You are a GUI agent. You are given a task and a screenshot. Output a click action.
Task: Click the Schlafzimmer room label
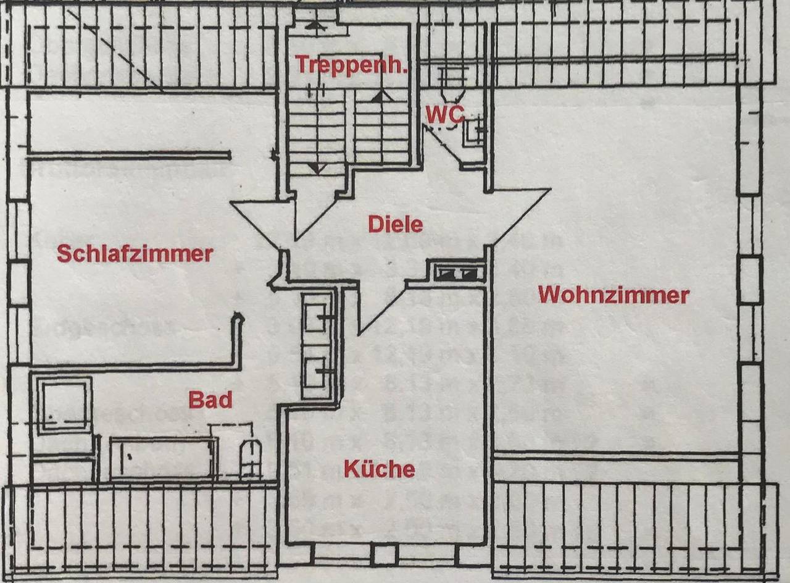coord(135,253)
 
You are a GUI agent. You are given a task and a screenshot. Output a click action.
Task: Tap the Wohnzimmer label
coord(613,295)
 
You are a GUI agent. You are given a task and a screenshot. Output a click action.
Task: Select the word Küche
coord(379,469)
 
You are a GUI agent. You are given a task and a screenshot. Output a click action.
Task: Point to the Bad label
coord(210,400)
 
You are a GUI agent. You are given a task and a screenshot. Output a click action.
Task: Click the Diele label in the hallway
coord(396,224)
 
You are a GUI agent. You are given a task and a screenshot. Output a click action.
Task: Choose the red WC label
coord(444,114)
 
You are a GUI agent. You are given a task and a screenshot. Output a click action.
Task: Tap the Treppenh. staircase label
coord(351,65)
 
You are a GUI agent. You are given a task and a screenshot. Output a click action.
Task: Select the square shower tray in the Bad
coord(64,406)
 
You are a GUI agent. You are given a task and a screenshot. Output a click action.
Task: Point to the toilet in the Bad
coord(250,458)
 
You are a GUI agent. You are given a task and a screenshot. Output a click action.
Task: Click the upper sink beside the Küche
coord(317,317)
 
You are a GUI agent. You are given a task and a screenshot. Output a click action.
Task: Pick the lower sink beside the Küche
coord(317,371)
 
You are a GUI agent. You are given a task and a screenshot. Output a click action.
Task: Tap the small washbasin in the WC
coord(473,130)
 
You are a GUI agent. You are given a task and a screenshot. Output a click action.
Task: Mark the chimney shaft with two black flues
coord(460,272)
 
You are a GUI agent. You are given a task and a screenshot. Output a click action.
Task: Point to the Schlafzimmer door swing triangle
coord(262,222)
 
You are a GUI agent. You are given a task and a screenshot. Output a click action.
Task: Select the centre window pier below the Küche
coord(385,554)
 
